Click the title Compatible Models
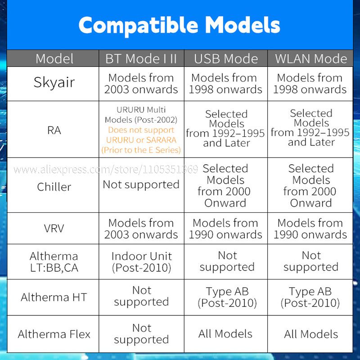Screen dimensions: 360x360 (179, 26)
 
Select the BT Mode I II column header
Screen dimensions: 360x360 (141, 58)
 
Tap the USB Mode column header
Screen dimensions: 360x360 (226, 58)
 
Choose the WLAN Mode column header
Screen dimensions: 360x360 (311, 58)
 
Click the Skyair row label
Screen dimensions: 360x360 (54, 83)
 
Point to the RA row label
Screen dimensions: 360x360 (54, 130)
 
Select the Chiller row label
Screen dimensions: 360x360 (54, 187)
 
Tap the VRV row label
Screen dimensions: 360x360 (54, 229)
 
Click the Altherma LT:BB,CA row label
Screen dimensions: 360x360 (54, 262)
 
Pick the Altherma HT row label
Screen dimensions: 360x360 (54, 297)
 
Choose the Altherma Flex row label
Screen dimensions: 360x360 (54, 334)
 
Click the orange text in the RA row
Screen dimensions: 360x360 (141, 140)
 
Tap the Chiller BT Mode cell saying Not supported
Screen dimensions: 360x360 (141, 184)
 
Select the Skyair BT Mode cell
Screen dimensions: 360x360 (141, 84)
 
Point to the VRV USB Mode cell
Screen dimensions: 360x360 (225, 229)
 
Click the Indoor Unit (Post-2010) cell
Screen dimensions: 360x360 (141, 262)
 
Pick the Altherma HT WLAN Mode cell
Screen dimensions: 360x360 (310, 297)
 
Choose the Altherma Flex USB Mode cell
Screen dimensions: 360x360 (225, 334)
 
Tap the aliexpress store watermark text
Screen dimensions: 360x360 (106, 170)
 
